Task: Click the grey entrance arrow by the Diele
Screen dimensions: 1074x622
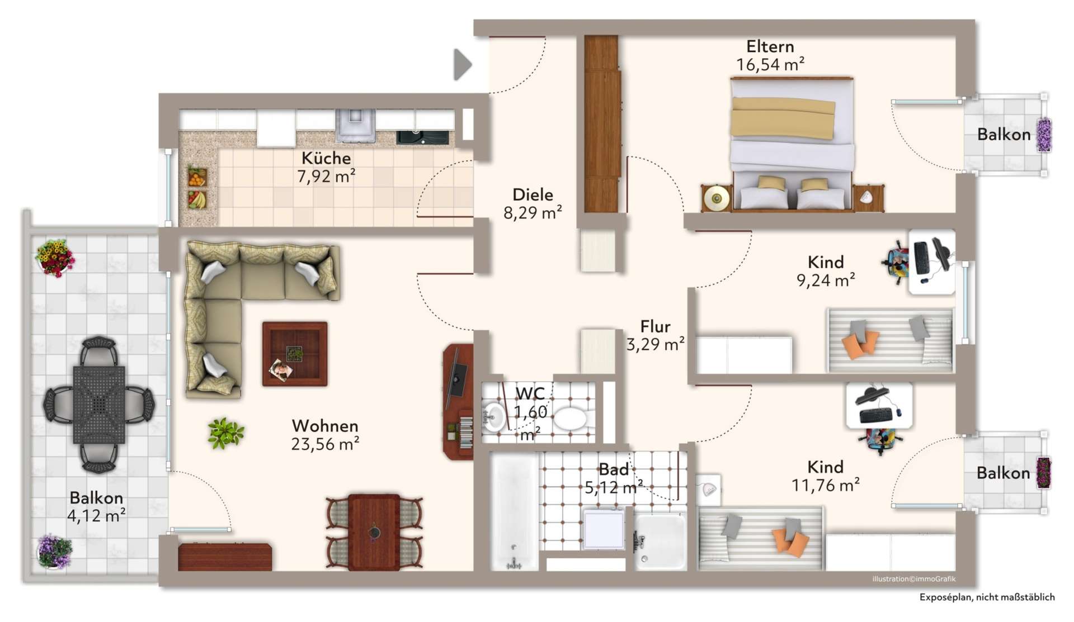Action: pyautogui.click(x=462, y=65)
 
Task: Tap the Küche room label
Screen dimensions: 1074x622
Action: pyautogui.click(x=326, y=158)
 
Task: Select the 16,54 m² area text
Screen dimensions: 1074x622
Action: pyautogui.click(x=770, y=65)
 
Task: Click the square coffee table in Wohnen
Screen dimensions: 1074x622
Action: pyautogui.click(x=295, y=354)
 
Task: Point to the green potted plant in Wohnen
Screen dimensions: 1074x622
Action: pyautogui.click(x=225, y=433)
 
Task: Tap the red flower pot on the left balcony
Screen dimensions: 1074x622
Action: pyautogui.click(x=54, y=258)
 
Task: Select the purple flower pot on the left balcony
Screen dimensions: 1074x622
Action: pyautogui.click(x=54, y=551)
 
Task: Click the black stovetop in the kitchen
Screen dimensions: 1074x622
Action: pyautogui.click(x=422, y=137)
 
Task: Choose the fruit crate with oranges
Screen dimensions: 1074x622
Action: pyautogui.click(x=197, y=177)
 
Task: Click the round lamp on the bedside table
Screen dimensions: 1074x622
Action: pyautogui.click(x=717, y=198)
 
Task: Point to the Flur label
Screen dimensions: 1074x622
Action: pyautogui.click(x=655, y=326)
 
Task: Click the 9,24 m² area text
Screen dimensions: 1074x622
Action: pyautogui.click(x=826, y=280)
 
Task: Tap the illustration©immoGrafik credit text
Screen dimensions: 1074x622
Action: pyautogui.click(x=913, y=579)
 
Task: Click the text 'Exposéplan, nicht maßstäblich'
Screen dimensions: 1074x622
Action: pyautogui.click(x=987, y=597)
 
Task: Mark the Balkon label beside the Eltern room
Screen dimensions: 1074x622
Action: pyautogui.click(x=1004, y=134)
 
